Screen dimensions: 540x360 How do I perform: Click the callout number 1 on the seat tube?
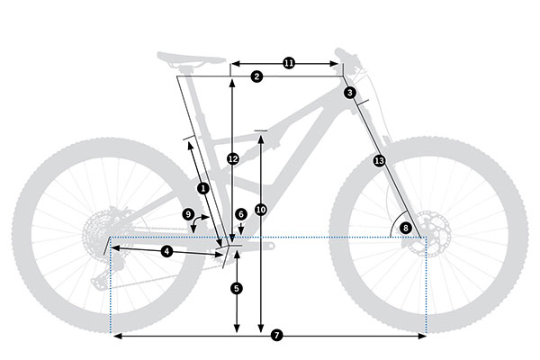pos(202,188)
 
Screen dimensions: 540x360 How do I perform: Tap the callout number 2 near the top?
pos(256,77)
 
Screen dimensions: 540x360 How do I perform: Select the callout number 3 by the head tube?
pos(349,93)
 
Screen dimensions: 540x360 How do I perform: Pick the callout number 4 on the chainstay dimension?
pos(167,250)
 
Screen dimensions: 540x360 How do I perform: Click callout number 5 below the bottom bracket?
pos(236,288)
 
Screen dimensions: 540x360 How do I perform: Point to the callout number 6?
pos(240,214)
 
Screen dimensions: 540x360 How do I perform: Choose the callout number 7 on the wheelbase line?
pos(276,335)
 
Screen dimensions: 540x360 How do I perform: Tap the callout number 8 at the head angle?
pos(405,228)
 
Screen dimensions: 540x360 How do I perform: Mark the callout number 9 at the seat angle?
pos(188,214)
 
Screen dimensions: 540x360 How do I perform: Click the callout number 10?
pos(261,210)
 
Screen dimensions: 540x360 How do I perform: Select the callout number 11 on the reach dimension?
pos(289,63)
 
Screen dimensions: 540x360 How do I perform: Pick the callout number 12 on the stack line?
pos(232,158)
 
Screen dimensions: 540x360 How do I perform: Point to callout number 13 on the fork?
pos(379,160)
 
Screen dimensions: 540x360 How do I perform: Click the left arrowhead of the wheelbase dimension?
pos(113,335)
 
